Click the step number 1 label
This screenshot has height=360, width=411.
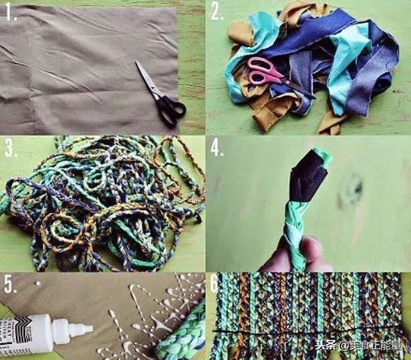pyautogui.click(x=10, y=12)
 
